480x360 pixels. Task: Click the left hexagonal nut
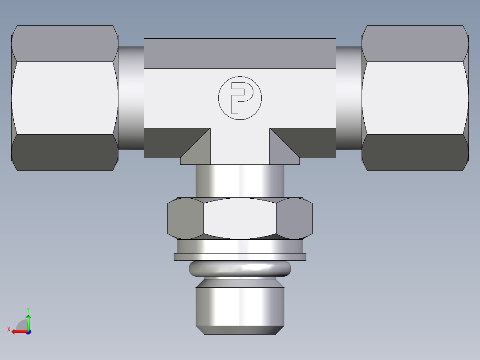(x=65, y=98)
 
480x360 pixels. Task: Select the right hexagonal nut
(x=415, y=98)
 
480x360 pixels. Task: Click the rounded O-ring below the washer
(x=240, y=268)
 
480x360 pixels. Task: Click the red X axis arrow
(x=18, y=331)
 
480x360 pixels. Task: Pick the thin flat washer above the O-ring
(x=240, y=257)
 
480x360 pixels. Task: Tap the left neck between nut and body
(x=131, y=98)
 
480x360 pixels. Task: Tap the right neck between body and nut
(x=349, y=98)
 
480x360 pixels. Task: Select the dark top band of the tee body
(x=240, y=53)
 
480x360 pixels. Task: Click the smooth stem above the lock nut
(x=240, y=180)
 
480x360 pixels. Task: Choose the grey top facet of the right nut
(x=415, y=44)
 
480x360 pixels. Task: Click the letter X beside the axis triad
(x=9, y=329)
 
